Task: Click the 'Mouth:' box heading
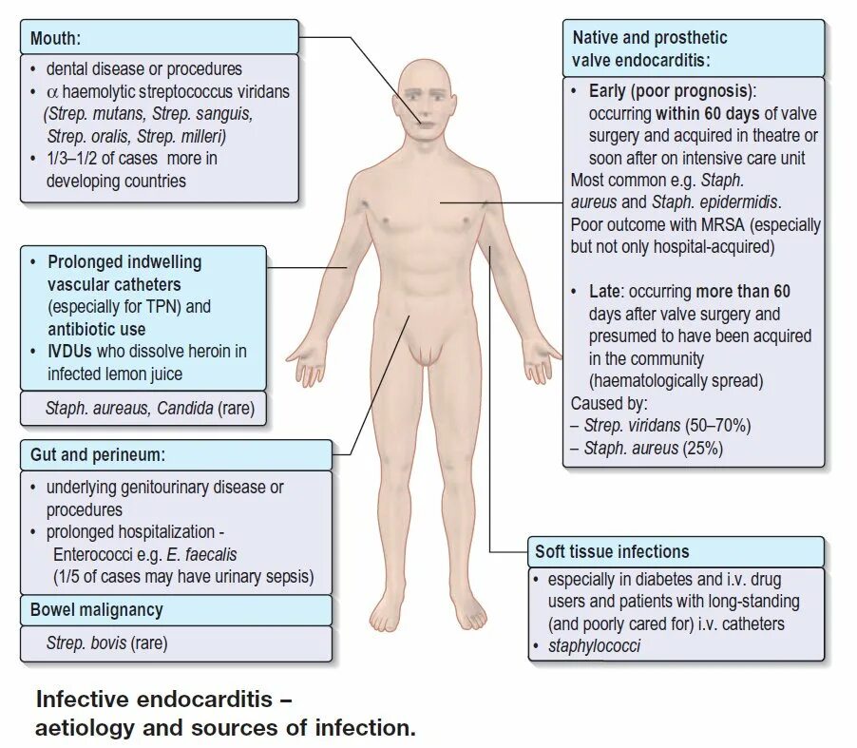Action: pyautogui.click(x=55, y=39)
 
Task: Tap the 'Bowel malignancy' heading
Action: pyautogui.click(x=96, y=609)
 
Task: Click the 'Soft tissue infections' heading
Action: pyautogui.click(x=612, y=551)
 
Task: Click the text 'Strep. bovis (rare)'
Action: pyautogui.click(x=106, y=643)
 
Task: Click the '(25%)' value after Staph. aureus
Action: pyautogui.click(x=702, y=448)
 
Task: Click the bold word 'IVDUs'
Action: pyautogui.click(x=71, y=351)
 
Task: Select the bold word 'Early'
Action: pyautogui.click(x=607, y=91)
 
